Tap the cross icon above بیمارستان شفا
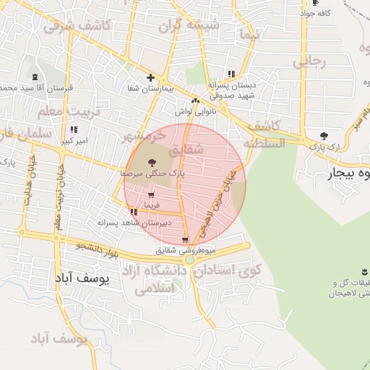[x=150, y=77]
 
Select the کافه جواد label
[x=316, y=14]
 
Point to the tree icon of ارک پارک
[x=323, y=136]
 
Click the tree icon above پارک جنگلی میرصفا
[x=151, y=163]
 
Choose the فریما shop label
[x=151, y=206]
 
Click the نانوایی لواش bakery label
[x=192, y=112]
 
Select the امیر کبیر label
[x=74, y=141]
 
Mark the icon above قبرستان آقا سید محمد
[x=35, y=77]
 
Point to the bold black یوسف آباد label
[x=82, y=277]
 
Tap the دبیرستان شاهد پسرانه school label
[x=135, y=223]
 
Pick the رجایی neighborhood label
[x=309, y=63]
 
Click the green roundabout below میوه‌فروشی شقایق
[x=189, y=259]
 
